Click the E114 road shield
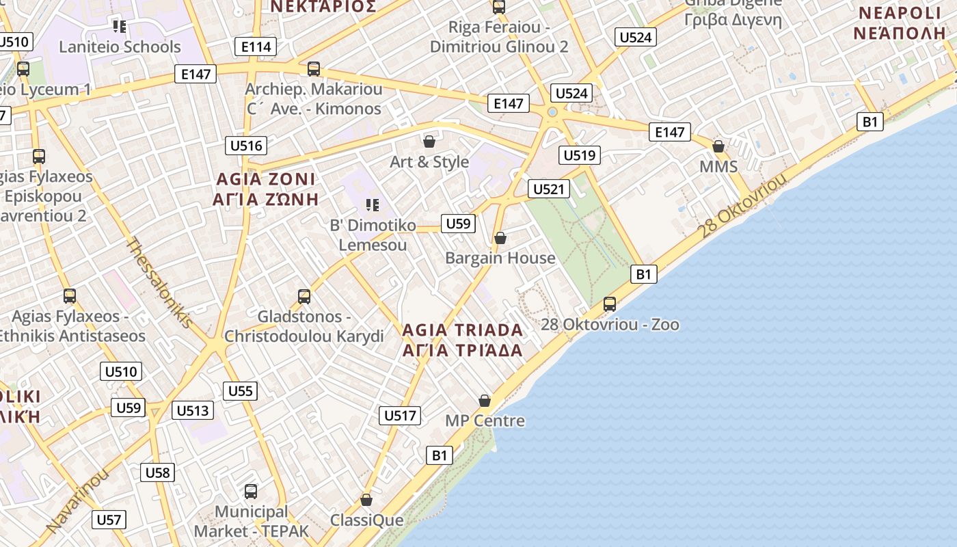tap(256, 46)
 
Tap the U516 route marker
tap(246, 145)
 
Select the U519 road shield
tap(579, 155)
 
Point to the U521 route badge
tap(548, 189)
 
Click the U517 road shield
tap(400, 415)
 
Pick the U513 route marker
tap(192, 410)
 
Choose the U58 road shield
tap(157, 472)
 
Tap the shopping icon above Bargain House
tap(500, 238)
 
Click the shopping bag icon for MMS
tap(718, 146)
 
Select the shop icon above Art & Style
tap(429, 142)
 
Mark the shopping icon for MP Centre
tap(485, 401)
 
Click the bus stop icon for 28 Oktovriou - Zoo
tap(610, 304)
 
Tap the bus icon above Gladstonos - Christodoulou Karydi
tap(304, 297)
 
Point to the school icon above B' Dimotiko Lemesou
tap(373, 204)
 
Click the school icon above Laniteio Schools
tap(120, 27)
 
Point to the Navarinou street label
tap(78, 501)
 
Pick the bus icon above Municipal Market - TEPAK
tap(251, 491)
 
